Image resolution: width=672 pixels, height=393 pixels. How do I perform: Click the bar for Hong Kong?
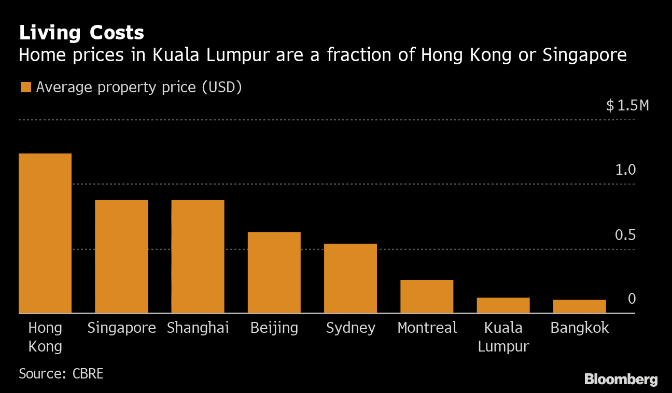pyautogui.click(x=45, y=233)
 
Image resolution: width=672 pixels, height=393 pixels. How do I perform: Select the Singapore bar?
pyautogui.click(x=121, y=257)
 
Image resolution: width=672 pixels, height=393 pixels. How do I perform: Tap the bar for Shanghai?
pyautogui.click(x=198, y=257)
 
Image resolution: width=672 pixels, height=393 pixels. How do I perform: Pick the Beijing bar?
pyautogui.click(x=274, y=273)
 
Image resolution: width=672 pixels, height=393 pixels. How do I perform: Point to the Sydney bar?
pyautogui.click(x=350, y=278)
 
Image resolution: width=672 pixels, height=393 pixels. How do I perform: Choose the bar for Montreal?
pyautogui.click(x=427, y=297)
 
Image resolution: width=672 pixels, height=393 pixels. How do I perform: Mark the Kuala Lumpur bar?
pyautogui.click(x=503, y=305)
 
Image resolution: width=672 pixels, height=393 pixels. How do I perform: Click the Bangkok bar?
pyautogui.click(x=579, y=306)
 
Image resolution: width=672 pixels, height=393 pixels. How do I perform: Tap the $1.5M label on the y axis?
pyautogui.click(x=627, y=106)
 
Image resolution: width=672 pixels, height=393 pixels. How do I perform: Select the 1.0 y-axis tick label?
pyautogui.click(x=625, y=170)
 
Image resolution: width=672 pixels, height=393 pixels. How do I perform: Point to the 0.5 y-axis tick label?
pyautogui.click(x=625, y=235)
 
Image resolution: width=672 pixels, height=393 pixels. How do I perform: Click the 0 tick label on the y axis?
pyautogui.click(x=632, y=299)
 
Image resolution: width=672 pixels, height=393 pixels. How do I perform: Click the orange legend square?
pyautogui.click(x=25, y=87)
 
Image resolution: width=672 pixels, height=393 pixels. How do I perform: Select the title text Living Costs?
pyautogui.click(x=81, y=33)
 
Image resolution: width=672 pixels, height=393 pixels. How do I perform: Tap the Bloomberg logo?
pyautogui.click(x=621, y=380)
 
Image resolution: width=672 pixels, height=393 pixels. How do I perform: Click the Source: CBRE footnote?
pyautogui.click(x=61, y=373)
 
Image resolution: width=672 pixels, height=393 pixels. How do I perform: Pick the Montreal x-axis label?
pyautogui.click(x=427, y=328)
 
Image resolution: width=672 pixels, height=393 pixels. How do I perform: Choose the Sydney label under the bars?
pyautogui.click(x=351, y=328)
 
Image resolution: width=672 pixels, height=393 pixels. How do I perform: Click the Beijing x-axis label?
pyautogui.click(x=274, y=328)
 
